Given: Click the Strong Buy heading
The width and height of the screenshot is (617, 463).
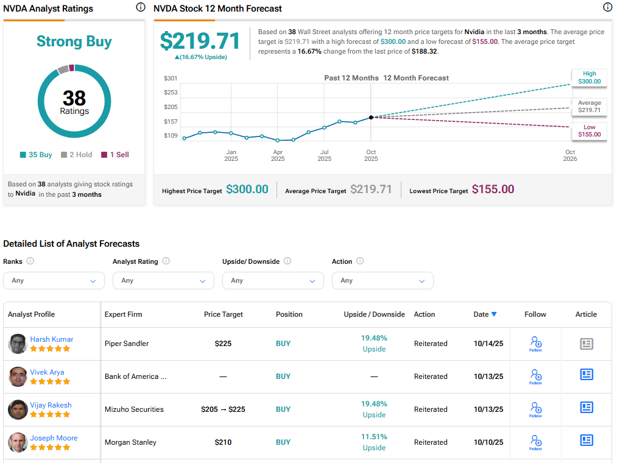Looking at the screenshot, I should pos(74,41).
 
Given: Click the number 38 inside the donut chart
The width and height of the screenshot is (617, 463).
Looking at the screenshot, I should pos(74,97).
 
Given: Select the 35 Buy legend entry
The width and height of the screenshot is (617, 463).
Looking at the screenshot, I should pos(36,155).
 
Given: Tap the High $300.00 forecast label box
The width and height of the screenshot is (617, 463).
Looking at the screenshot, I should pos(589,77).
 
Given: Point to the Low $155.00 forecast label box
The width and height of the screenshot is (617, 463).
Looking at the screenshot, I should pos(589,130).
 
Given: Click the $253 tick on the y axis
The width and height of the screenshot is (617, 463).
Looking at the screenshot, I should pos(171,92).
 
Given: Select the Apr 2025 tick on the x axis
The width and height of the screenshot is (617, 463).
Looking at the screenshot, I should pos(278,155).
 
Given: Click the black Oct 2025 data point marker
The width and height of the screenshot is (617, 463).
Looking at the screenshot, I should pos(371,117).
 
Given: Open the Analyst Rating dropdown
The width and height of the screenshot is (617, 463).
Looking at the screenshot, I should pos(163,280).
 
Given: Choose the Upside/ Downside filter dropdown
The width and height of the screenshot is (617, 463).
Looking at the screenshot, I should pos(273,280).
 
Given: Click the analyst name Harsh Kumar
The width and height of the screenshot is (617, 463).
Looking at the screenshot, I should pos(52,339).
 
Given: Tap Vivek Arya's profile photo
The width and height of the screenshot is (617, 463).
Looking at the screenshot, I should pos(18,376).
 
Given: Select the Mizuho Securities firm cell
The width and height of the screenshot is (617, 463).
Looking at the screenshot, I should pos(134,409).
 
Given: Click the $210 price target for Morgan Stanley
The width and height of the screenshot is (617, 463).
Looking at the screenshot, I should pos(223,442).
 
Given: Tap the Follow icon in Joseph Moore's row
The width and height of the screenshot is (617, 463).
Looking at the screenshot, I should pos(535,442).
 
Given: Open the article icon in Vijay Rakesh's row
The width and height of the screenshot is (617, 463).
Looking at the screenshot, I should pos(586,407).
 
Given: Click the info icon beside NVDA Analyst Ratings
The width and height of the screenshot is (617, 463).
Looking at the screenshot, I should pos(141,7).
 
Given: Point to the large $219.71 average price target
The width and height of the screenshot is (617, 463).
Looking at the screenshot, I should pos(200,41).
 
